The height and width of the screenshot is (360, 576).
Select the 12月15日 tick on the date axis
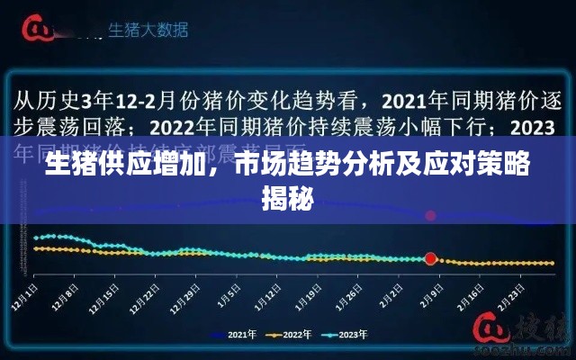click(105, 296)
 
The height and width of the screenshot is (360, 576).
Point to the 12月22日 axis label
click(148, 296)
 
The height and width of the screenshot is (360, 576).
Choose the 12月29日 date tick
click(189, 296)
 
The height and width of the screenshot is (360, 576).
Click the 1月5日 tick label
click(231, 294)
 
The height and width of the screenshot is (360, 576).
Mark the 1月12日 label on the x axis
click(269, 296)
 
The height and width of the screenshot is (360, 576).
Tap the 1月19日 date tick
click(310, 296)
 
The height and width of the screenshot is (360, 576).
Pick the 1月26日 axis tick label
click(352, 296)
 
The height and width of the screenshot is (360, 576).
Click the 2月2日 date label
click(393, 294)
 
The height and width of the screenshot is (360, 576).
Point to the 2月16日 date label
click(473, 296)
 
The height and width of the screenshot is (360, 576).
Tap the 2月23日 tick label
click(514, 296)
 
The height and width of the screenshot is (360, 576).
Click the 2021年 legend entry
click(232, 335)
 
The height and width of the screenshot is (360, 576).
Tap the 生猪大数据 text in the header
click(148, 30)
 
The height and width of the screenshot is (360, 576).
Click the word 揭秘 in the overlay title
click(287, 195)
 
